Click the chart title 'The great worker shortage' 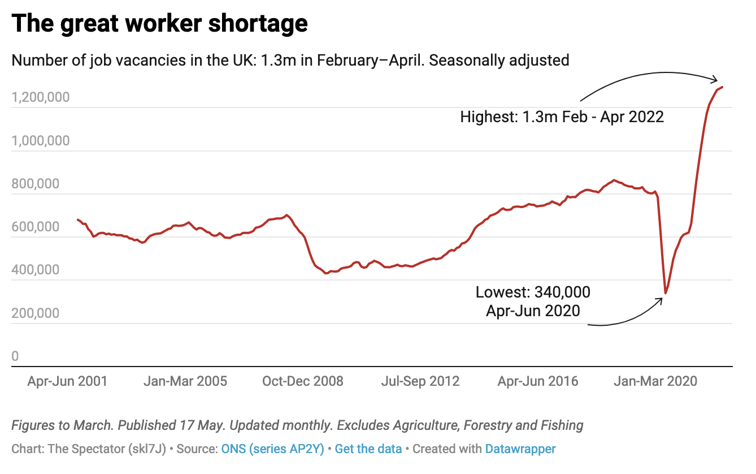point(160,24)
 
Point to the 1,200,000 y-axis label point(41,97)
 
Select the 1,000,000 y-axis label point(41,141)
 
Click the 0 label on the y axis point(15,356)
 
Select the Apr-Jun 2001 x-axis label point(67,381)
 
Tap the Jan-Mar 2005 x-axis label point(185,381)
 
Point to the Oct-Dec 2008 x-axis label point(303,381)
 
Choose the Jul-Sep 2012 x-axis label point(420,381)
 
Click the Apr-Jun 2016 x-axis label point(538,381)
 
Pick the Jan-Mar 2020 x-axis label point(655,381)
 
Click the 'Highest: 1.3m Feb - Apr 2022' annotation point(562,118)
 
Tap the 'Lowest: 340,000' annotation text point(533,292)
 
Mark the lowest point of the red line point(666,293)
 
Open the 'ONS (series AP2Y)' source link point(273,449)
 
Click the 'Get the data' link point(368,449)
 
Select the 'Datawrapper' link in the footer point(520,449)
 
